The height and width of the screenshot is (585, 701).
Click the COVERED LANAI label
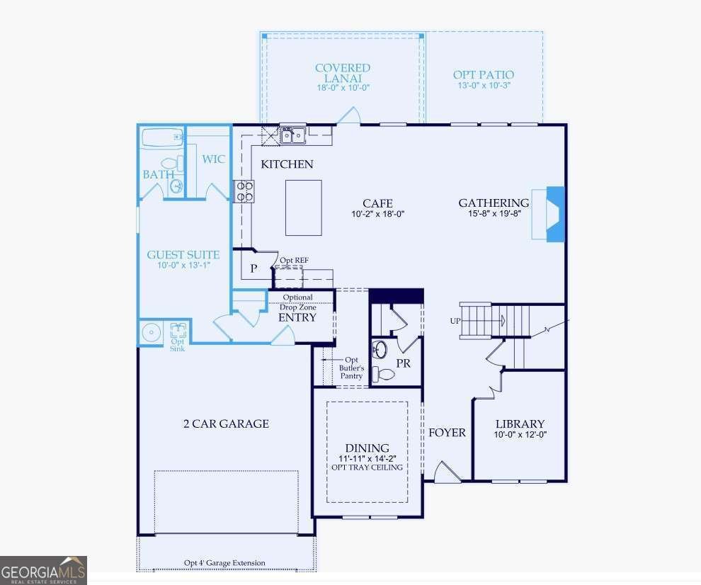(343, 73)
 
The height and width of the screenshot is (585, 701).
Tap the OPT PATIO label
(483, 74)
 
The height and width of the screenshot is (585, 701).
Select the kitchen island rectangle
(304, 208)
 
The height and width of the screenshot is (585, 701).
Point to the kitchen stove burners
(244, 191)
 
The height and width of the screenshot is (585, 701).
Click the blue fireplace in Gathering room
(554, 214)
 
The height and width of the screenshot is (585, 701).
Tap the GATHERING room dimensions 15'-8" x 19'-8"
(494, 214)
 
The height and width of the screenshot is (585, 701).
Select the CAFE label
(377, 203)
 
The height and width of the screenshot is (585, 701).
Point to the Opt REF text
(294, 260)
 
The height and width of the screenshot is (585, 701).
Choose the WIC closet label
(213, 159)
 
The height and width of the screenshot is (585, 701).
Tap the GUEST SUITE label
(183, 255)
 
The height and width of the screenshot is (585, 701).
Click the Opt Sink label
(177, 344)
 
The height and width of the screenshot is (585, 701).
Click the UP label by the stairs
(455, 321)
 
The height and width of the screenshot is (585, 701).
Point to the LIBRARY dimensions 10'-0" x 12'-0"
(520, 435)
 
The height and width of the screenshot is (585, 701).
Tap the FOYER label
(447, 432)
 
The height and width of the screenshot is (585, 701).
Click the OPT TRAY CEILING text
(367, 467)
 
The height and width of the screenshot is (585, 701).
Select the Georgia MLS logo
(43, 570)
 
